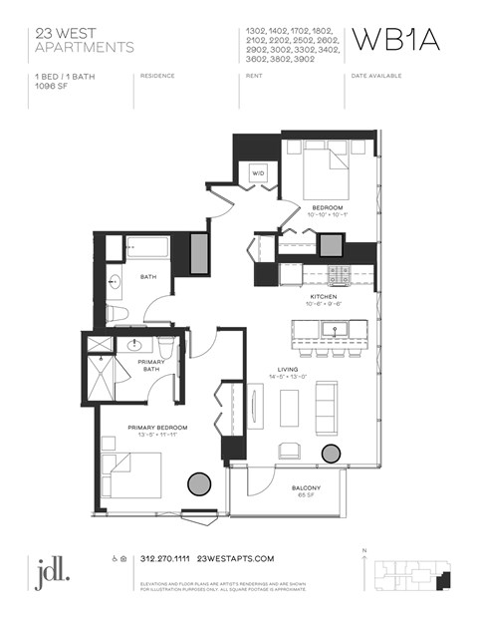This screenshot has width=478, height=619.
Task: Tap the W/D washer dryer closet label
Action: [258, 173]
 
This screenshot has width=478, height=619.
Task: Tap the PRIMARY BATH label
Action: [148, 366]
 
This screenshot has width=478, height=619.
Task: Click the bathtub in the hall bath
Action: [146, 248]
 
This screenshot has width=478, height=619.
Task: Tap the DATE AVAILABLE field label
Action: [379, 76]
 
